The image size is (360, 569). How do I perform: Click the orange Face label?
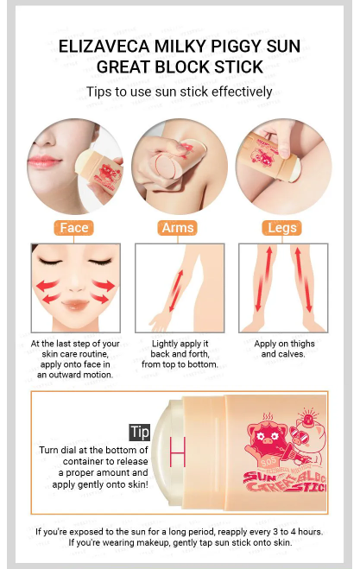click(x=74, y=228)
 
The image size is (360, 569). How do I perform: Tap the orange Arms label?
click(x=179, y=228)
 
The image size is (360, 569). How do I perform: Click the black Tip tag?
click(x=140, y=432)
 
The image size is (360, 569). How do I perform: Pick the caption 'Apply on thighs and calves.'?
click(x=283, y=349)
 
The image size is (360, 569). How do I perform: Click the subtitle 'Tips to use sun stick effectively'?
click(x=180, y=92)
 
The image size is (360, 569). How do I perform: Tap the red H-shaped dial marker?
click(x=178, y=451)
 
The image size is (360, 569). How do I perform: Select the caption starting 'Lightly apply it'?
click(x=179, y=354)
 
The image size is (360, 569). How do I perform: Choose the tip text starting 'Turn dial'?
click(x=92, y=468)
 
